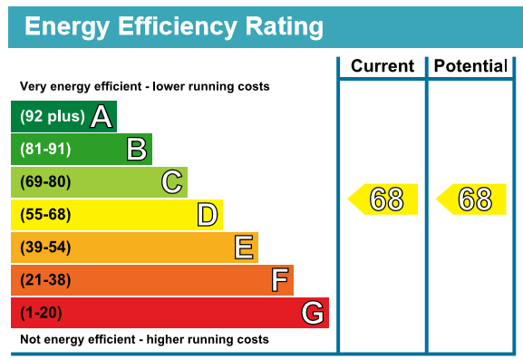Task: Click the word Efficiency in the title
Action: point(178,26)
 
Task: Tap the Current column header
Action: point(383,65)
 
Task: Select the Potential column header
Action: point(470,65)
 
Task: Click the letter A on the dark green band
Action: point(102,116)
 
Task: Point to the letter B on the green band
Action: point(137,149)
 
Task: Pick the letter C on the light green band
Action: point(172,182)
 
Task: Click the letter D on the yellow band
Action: point(208,215)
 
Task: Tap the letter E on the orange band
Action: point(244,248)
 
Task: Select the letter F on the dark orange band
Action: point(280,280)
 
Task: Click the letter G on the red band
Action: point(313,313)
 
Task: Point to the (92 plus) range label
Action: point(53,116)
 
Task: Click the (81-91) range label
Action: point(45,149)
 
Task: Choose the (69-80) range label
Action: point(45,181)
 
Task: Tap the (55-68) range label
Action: point(45,214)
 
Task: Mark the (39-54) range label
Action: point(45,247)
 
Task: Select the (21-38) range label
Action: point(45,279)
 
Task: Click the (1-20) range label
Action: point(41,313)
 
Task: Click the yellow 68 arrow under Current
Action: point(383,199)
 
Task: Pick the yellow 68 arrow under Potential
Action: point(471,199)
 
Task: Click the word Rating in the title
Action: point(285,26)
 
